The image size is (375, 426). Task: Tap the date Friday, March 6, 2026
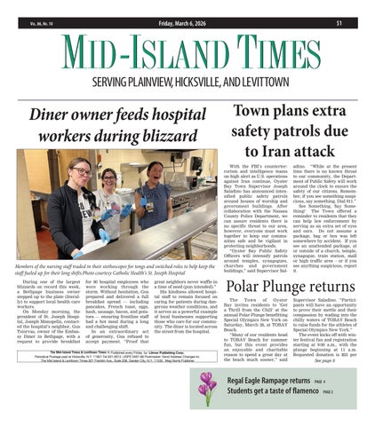[187, 9]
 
